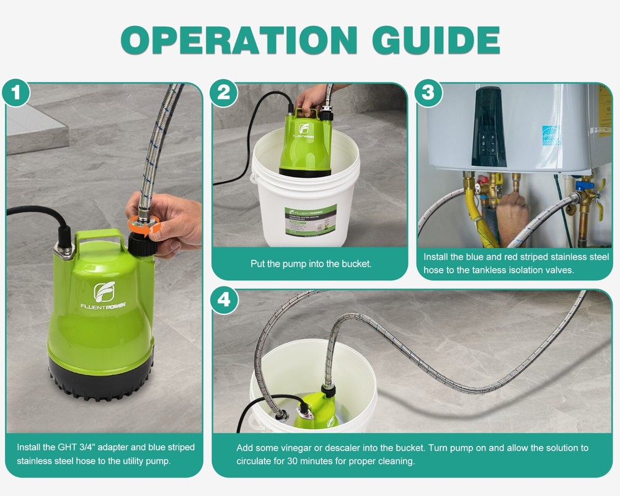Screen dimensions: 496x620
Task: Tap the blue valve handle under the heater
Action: tap(583, 185)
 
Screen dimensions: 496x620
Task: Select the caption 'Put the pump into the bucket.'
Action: tap(311, 263)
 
